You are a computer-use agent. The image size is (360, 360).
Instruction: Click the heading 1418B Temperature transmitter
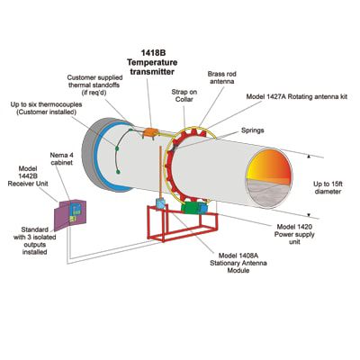(x=151, y=62)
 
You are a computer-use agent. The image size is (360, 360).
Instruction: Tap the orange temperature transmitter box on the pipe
(x=151, y=132)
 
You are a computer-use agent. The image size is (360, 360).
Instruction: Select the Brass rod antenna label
(x=221, y=77)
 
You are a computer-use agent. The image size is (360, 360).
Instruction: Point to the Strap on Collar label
(x=184, y=95)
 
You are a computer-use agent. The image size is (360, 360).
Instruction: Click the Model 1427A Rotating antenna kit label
(x=297, y=96)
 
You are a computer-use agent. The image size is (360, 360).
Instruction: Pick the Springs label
(x=253, y=130)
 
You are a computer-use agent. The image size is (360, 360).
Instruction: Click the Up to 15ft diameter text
(x=328, y=187)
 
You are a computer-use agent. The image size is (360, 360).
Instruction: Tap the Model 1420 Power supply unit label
(x=294, y=234)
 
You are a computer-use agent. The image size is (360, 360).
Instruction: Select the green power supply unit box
(x=192, y=207)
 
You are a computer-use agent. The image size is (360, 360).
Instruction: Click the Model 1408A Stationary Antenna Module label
(x=238, y=263)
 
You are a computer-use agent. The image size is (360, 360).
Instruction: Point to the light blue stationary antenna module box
(x=160, y=204)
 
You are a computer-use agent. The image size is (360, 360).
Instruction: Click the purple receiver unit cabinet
(x=69, y=214)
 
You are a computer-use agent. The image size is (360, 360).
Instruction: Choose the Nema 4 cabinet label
(x=61, y=158)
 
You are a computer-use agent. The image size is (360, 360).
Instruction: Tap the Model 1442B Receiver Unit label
(x=28, y=175)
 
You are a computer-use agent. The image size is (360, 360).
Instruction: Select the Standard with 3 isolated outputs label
(x=34, y=241)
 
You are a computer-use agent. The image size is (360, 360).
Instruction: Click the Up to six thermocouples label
(x=46, y=108)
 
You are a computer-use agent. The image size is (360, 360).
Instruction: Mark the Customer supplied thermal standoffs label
(x=94, y=85)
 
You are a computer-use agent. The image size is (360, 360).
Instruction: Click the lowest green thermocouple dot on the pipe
(x=119, y=171)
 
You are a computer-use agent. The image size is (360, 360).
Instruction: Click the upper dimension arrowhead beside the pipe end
(x=308, y=157)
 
